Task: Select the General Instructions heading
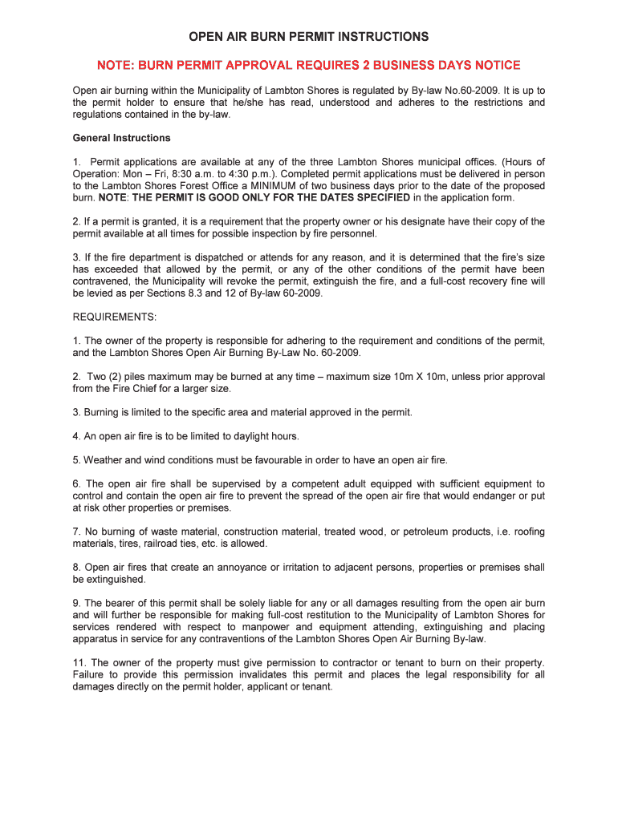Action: [121, 138]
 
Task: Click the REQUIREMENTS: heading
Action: [115, 317]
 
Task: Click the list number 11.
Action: [79, 663]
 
